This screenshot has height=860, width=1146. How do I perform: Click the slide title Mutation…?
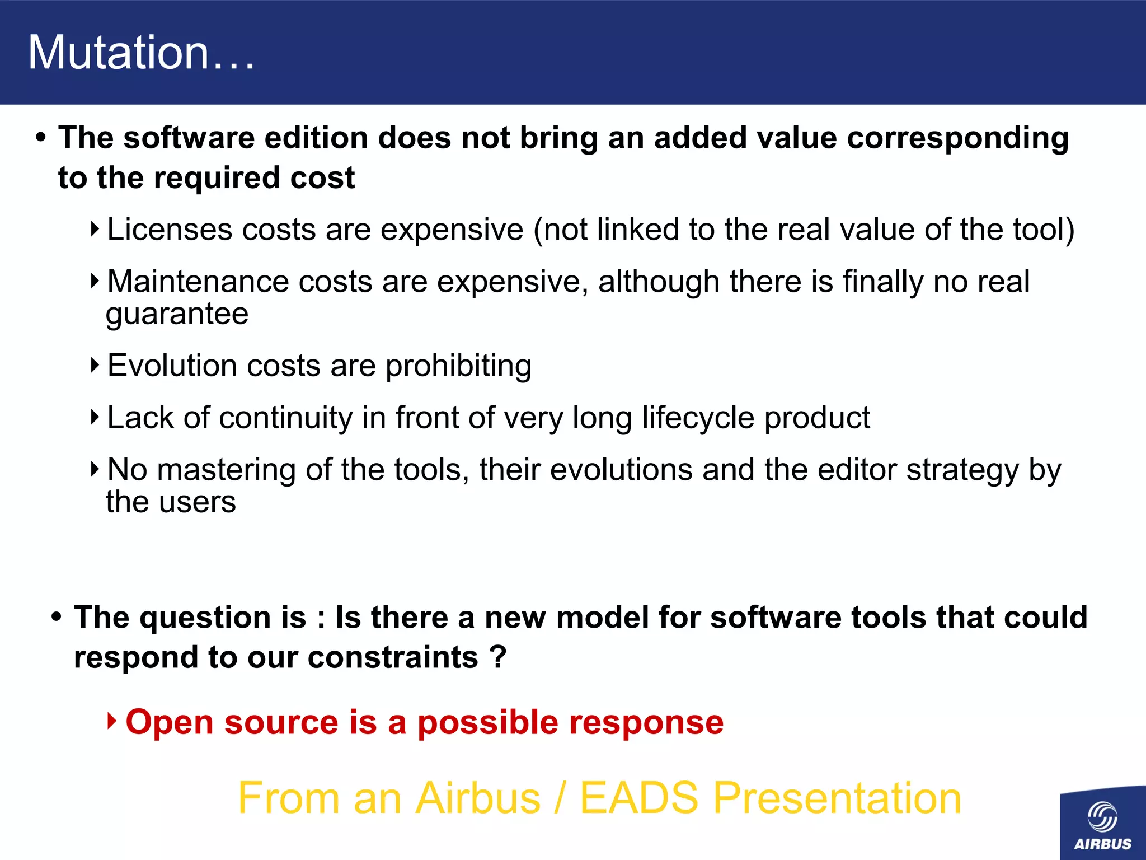pos(141,53)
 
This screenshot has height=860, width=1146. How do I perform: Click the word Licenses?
pos(170,230)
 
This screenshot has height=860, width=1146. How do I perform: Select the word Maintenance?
pos(198,282)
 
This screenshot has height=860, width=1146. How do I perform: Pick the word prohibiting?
pos(458,367)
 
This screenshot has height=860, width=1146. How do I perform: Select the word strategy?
pos(963,471)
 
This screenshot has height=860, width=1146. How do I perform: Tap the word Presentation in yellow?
pos(837,798)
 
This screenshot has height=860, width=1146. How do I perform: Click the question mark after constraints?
pos(497,657)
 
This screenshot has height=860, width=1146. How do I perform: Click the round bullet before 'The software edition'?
pos(40,138)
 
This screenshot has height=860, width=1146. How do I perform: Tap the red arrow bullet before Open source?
pos(112,721)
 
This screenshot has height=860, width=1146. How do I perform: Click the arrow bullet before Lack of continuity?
pos(95,417)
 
